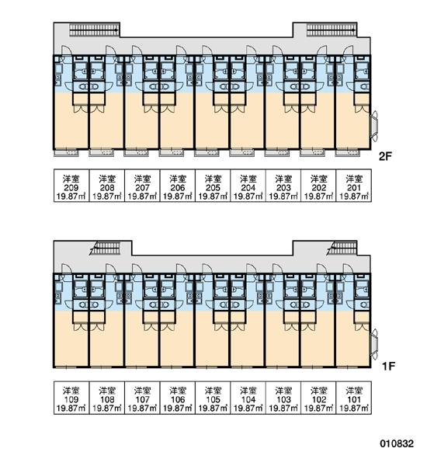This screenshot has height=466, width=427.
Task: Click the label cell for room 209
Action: [71, 186]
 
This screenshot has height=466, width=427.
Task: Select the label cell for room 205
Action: [213, 186]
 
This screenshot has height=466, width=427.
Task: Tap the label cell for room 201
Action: [354, 186]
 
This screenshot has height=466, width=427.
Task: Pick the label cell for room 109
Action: [71, 398]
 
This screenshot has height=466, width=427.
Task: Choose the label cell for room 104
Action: [248, 398]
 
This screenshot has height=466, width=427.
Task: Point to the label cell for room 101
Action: [354, 398]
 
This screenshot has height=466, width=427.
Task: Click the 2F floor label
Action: [385, 156]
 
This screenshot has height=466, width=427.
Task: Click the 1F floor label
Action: [388, 366]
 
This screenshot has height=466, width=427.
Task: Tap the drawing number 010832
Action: [397, 443]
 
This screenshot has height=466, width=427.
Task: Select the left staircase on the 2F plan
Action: [94, 30]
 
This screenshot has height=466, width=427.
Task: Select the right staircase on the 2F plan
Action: [332, 30]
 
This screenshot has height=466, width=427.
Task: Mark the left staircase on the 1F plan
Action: [105, 249]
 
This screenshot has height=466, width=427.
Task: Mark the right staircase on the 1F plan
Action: [342, 249]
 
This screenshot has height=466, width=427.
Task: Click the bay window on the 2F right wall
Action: [374, 125]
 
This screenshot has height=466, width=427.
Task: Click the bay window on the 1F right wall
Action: [374, 343]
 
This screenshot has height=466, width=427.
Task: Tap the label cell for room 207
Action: [142, 186]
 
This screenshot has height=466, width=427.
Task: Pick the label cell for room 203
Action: [283, 186]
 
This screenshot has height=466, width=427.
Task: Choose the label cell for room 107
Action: [142, 398]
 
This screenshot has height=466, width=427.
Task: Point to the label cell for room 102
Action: [318, 398]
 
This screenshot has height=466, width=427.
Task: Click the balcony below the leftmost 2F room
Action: [66, 153]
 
